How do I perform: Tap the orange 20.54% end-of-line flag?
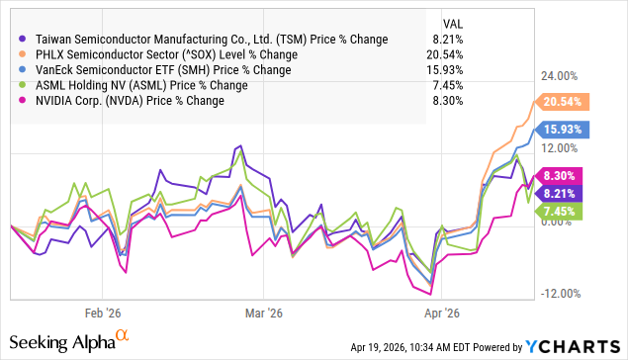click(x=564, y=101)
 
